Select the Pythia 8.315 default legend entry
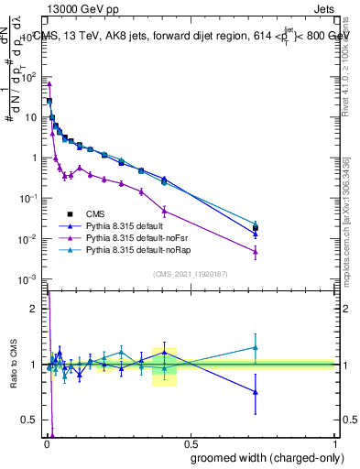[128, 225]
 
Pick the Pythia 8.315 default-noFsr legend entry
[136, 237]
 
